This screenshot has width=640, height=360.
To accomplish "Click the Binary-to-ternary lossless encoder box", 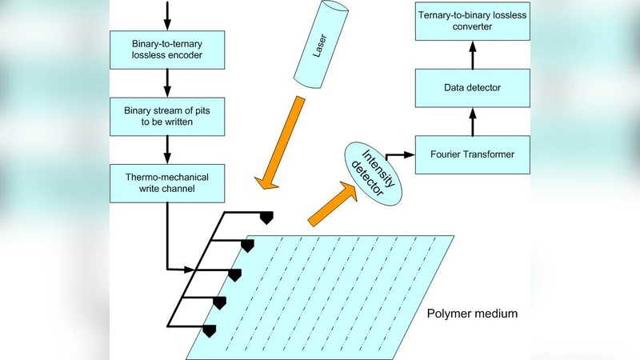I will click(167, 49).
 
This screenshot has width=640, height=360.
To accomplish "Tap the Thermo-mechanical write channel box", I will click(167, 182).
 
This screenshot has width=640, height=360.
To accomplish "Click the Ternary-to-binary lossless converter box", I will click(470, 22).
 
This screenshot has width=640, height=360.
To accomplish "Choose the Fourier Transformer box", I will click(470, 153).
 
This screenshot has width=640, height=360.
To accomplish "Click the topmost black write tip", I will click(266, 217).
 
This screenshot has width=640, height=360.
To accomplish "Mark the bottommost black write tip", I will click(210, 330).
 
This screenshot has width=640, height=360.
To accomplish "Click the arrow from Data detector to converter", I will click(471, 54).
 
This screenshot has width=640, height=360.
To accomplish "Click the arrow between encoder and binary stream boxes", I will click(167, 82).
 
